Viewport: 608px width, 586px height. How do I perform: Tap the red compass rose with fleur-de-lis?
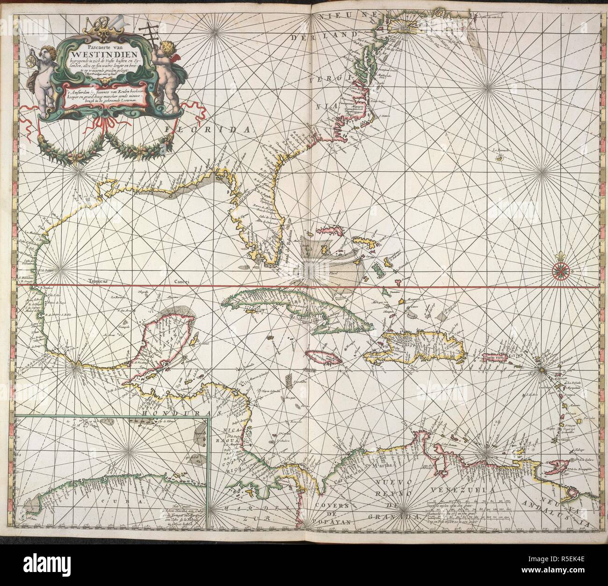click(560, 270)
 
